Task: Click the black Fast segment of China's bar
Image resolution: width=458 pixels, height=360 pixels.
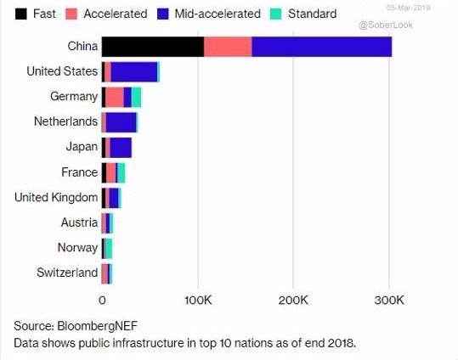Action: click(153, 47)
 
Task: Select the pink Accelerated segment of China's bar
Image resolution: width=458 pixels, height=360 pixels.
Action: click(228, 47)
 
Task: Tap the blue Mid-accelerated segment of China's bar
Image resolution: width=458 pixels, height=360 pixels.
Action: click(321, 47)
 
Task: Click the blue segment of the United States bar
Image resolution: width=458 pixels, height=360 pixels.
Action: click(133, 71)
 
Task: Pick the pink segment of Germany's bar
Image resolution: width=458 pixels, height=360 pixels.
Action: click(115, 97)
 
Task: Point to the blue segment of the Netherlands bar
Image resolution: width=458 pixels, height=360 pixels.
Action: click(121, 122)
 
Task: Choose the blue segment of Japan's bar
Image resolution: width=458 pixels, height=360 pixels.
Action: click(121, 147)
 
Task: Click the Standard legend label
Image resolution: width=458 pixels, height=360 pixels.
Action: click(312, 14)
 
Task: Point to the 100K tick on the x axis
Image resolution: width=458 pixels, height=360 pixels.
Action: click(198, 299)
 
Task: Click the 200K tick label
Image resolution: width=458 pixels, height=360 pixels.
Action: click(293, 299)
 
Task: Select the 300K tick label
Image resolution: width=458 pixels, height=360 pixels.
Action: click(389, 299)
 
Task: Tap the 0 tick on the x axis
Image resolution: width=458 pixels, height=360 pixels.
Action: click(102, 299)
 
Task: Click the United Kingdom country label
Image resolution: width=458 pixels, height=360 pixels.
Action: click(56, 197)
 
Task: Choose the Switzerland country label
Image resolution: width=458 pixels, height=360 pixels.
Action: click(67, 273)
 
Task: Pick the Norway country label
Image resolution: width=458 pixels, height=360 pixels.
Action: click(77, 247)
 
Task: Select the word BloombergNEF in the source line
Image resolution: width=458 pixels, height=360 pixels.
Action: click(93, 326)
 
